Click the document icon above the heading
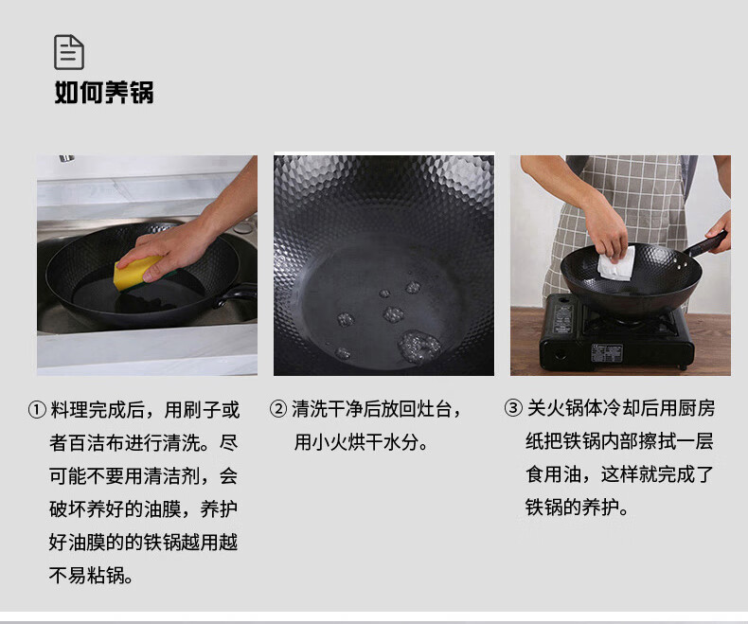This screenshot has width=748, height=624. point(69,52)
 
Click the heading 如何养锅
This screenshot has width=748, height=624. point(104,92)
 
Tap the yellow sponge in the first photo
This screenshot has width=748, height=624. point(137,272)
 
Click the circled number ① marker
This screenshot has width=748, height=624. point(37,409)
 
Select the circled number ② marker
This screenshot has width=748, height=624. point(278,409)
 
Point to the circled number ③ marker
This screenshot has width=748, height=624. point(513,408)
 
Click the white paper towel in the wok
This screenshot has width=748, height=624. point(616,263)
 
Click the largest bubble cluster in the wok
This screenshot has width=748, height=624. point(419,346)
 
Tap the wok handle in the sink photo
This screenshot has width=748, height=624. point(237,294)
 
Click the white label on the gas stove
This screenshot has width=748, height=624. point(607,352)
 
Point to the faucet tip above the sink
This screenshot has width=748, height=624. point(66,159)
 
